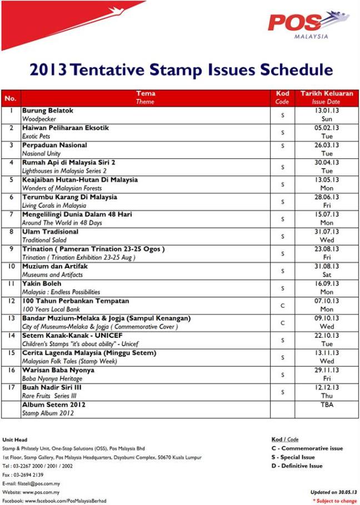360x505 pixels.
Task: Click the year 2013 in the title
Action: (48, 70)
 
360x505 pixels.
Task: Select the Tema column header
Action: (146, 93)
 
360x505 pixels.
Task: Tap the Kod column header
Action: (282, 93)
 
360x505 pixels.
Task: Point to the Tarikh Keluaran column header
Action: (327, 93)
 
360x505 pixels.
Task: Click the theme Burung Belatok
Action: (48, 111)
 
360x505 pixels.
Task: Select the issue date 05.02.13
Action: (327, 128)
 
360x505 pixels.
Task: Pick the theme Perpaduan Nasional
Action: (54, 145)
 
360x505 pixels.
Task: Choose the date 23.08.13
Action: (327, 249)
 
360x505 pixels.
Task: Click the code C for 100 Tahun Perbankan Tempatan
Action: (282, 305)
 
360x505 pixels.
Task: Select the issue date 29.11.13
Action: (327, 370)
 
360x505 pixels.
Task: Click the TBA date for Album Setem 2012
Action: (327, 405)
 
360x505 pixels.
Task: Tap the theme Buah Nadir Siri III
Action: (52, 387)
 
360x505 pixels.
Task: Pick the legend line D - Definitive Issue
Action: (297, 466)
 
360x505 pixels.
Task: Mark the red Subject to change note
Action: (334, 501)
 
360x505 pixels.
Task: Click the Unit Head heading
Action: (15, 440)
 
